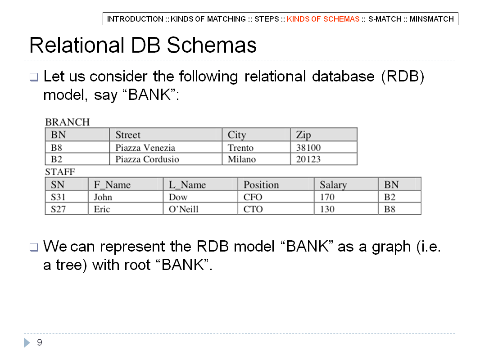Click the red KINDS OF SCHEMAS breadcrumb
coord(323,19)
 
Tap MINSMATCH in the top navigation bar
coord(432,19)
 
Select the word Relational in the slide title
coord(77,45)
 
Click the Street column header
coord(127,135)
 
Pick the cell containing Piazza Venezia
coord(145,148)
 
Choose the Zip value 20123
coord(308,159)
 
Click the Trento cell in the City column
coord(240,148)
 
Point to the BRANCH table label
coord(68,122)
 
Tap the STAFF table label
coord(60,172)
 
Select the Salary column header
coord(333,185)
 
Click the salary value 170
coord(327,197)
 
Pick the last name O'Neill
coord(183,209)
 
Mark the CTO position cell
coord(253,209)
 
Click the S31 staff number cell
coord(58,197)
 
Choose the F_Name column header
coord(112,185)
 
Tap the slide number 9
coord(40,342)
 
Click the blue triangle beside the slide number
coord(27,342)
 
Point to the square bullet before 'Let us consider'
coord(34,77)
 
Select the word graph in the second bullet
coord(391,247)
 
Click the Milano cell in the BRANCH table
coord(241,159)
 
